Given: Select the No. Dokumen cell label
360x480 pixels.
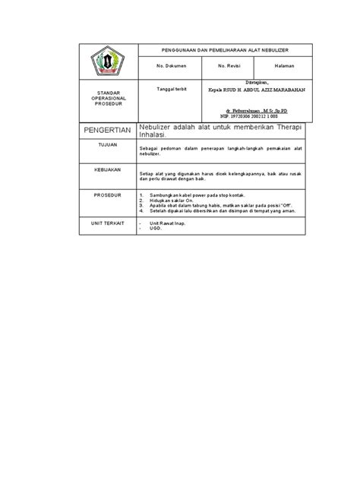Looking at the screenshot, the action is pyautogui.click(x=166, y=67).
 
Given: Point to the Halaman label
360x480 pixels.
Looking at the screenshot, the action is pyautogui.click(x=284, y=67).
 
